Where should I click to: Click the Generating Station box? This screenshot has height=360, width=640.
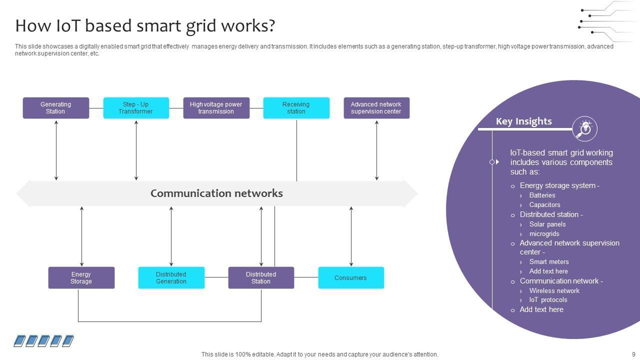point(56,108)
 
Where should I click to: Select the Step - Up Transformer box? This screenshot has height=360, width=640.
point(136,108)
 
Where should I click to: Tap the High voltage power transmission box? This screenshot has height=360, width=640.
point(216,108)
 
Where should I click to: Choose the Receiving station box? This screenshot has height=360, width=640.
point(296,108)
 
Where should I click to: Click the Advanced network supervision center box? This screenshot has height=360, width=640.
point(376,108)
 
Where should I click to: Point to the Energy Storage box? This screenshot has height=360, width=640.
point(81,277)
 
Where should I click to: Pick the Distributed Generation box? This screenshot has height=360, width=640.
point(171,277)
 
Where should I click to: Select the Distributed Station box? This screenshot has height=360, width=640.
point(261,277)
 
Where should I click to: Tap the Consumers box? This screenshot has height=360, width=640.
point(351,277)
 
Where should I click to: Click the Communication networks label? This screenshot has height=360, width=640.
point(216,193)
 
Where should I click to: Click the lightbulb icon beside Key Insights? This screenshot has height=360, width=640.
point(584,128)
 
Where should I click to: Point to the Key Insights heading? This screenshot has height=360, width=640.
point(523,121)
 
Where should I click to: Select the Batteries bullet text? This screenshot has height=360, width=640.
point(542,195)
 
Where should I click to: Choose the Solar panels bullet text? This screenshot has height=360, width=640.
point(547,224)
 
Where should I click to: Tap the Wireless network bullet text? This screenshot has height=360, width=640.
point(554,290)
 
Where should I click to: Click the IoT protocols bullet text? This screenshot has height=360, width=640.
point(548,300)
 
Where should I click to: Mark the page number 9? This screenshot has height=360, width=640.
point(633,354)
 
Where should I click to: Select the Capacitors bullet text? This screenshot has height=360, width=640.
point(544,205)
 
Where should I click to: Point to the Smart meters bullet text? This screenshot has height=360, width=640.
point(549,262)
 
